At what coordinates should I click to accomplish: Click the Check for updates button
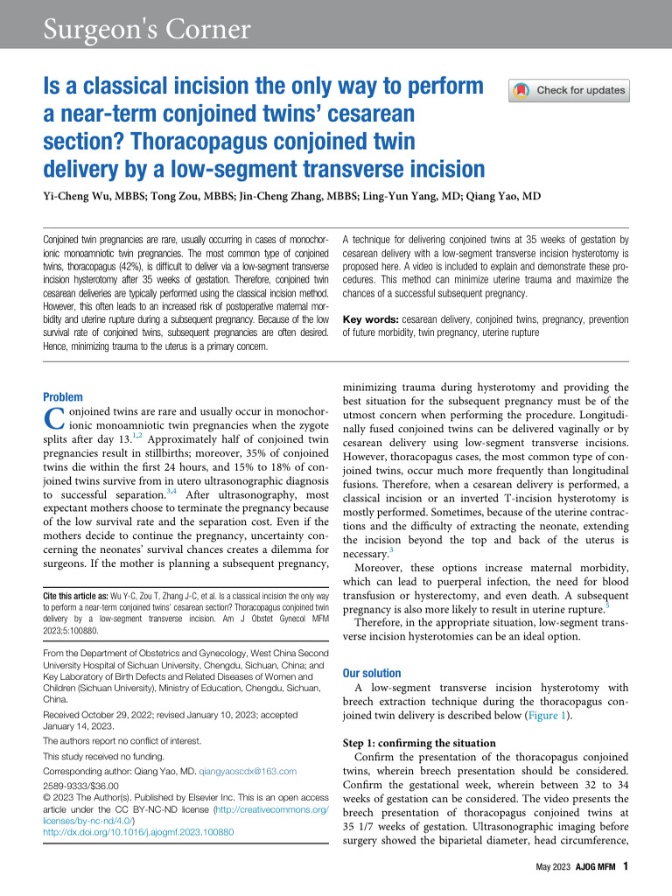[569, 90]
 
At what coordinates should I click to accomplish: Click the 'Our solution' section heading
[372, 674]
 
